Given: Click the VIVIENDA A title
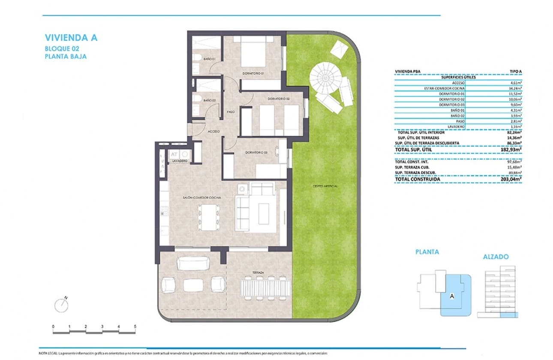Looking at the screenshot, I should [71, 37].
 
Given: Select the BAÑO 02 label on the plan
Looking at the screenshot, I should [209, 100].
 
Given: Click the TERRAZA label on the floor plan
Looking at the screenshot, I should [258, 273].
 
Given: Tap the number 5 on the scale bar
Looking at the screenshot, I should [135, 327].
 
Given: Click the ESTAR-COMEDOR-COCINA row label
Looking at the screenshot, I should [446, 88].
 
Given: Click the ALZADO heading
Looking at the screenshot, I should [496, 257].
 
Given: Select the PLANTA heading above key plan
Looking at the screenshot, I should [427, 252].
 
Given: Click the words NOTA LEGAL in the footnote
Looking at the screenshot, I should [48, 354].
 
